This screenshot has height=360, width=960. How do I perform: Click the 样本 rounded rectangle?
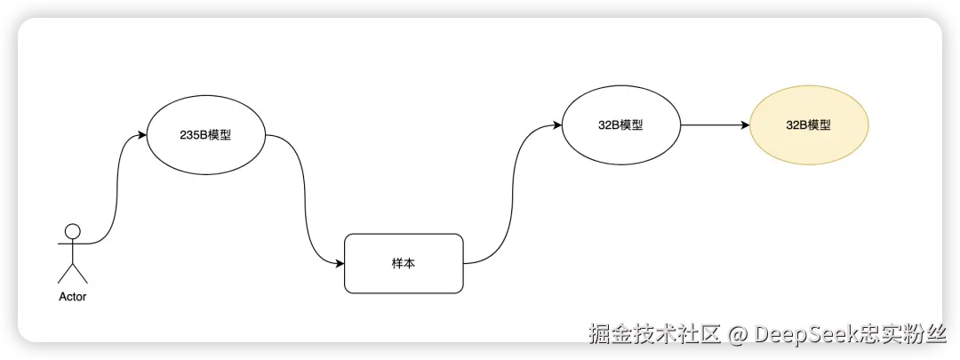click(404, 264)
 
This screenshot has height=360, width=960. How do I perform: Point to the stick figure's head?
click(73, 231)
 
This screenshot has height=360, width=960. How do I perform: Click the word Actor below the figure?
click(73, 297)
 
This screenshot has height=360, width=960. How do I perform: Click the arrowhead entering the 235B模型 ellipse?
click(141, 136)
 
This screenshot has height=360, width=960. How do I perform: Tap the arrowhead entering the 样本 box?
click(339, 264)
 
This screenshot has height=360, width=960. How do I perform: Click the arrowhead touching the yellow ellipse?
click(745, 125)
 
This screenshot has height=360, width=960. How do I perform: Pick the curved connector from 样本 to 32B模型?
click(511, 196)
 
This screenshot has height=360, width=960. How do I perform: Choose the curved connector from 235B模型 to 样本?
click(304, 200)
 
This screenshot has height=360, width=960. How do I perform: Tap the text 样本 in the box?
click(404, 264)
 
